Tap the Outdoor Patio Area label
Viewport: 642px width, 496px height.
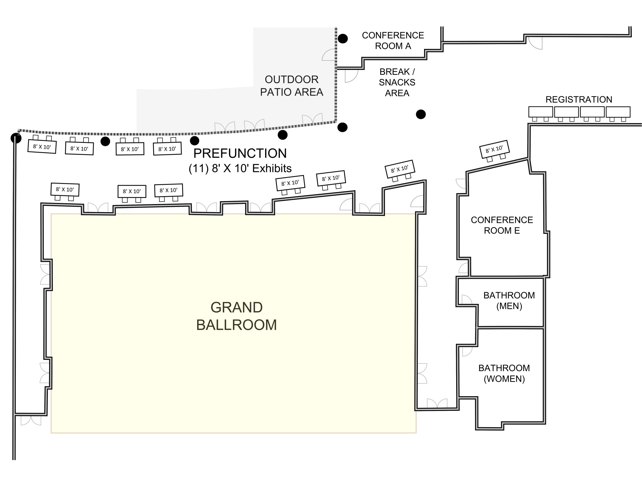(x=291, y=86)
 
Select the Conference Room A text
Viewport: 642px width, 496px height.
(x=393, y=41)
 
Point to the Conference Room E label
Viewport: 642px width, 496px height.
(x=502, y=225)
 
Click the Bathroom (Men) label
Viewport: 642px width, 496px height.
(x=509, y=300)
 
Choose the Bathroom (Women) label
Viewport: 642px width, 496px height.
(x=504, y=373)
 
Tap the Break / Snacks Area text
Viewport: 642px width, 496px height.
(x=397, y=82)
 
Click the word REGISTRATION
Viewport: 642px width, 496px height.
(x=579, y=99)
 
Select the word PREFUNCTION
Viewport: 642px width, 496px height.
(x=240, y=153)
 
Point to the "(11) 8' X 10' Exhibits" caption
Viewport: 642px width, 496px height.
(x=240, y=169)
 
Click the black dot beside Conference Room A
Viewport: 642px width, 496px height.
(x=343, y=39)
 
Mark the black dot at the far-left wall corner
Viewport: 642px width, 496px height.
(x=16, y=138)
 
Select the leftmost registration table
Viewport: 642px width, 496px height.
(x=540, y=112)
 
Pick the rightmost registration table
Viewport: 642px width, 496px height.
(x=618, y=112)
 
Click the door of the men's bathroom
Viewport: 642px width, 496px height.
(x=466, y=300)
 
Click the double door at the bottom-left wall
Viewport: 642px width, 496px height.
(x=31, y=421)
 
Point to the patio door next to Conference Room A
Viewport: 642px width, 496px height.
(x=329, y=55)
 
